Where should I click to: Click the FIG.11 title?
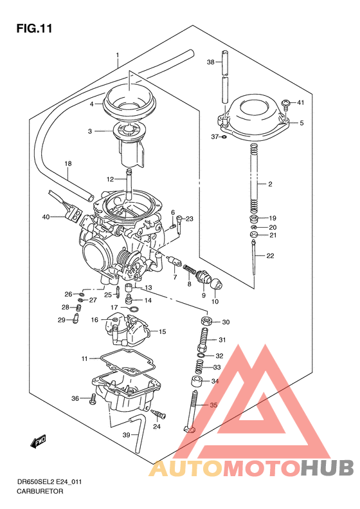coord(33,28)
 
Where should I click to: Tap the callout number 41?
coord(300,103)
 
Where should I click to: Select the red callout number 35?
coord(214,405)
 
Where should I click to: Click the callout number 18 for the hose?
coord(68,164)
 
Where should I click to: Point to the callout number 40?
coord(46,217)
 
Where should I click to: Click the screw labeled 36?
coord(93,398)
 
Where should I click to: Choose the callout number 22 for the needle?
coord(270,256)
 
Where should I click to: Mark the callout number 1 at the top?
coord(118,55)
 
